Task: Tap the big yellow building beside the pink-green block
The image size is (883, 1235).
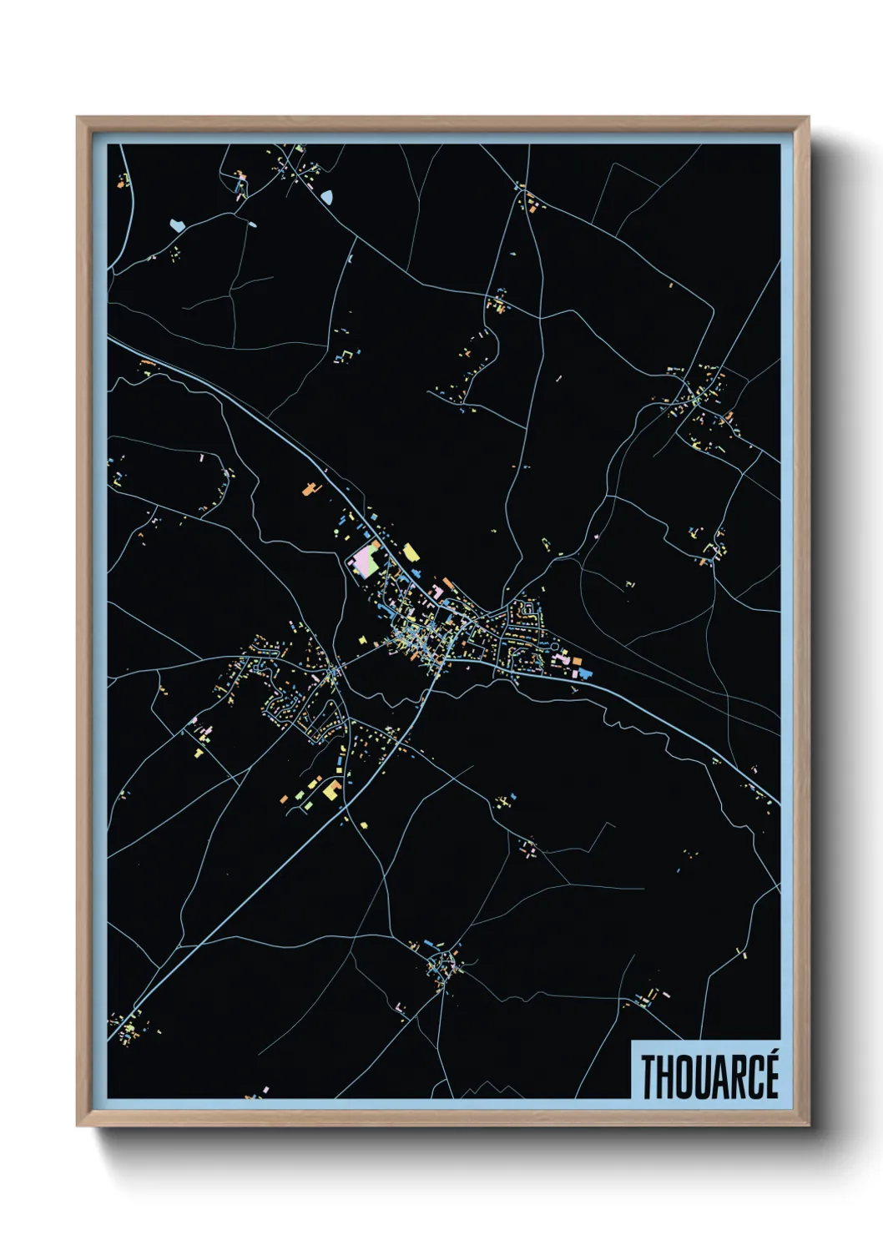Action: [x=411, y=552]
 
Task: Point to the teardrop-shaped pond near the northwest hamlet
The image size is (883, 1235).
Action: [x=326, y=197]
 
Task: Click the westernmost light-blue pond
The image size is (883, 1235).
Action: [x=176, y=224]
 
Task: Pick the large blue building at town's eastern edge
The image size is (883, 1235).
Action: [x=585, y=672]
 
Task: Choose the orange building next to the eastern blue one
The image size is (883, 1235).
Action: [x=576, y=662]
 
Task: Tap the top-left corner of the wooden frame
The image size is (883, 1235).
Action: [x=78, y=118]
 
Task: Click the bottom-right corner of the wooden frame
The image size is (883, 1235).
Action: [x=808, y=1125]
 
